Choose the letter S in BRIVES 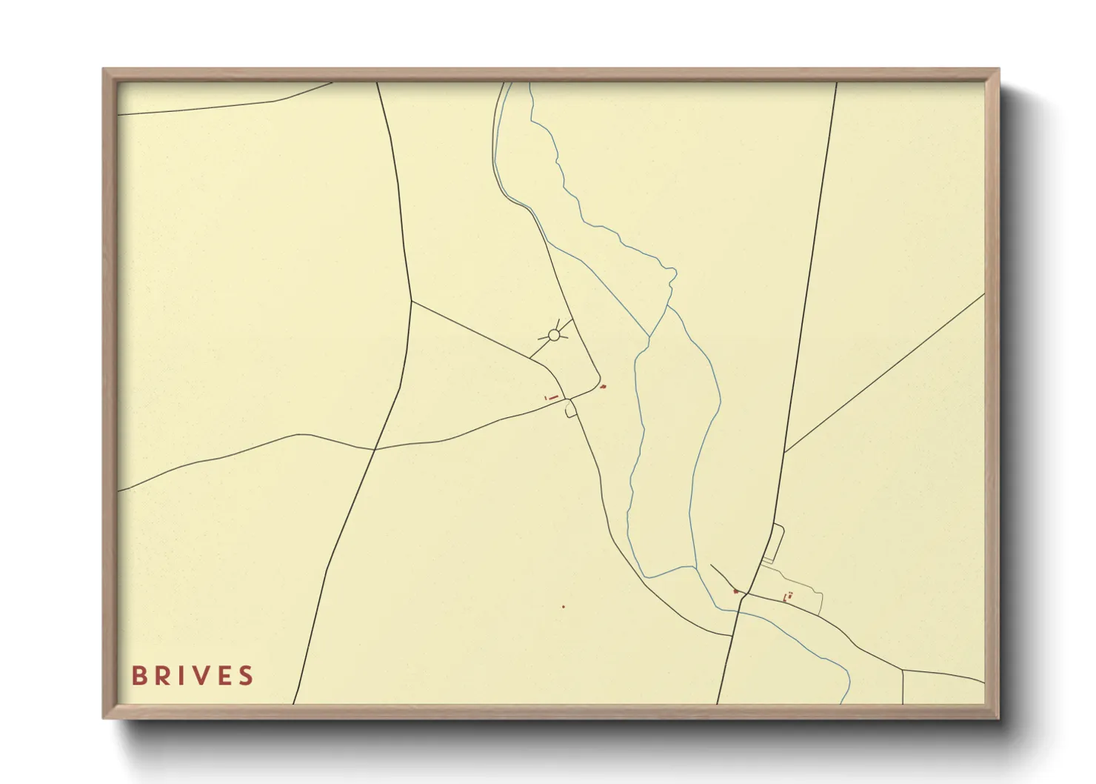[x=247, y=676]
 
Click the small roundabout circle [x=553, y=335]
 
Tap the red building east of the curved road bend [x=603, y=386]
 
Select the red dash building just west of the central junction [x=552, y=398]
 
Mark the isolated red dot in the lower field [x=564, y=607]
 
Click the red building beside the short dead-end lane [x=735, y=591]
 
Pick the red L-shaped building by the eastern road [x=787, y=597]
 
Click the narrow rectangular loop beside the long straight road [x=772, y=543]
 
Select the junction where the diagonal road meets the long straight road [x=785, y=452]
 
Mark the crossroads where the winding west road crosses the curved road [x=375, y=449]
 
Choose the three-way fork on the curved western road [x=411, y=300]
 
